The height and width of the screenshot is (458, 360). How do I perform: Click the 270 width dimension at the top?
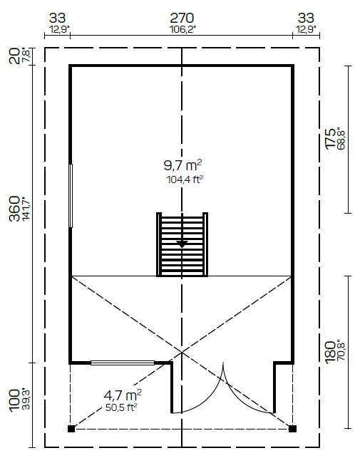coord(182,18)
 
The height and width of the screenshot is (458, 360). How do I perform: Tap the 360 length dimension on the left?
coord(14,209)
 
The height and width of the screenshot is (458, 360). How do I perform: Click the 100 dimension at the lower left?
coord(14,400)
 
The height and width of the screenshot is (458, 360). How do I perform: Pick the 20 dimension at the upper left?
coord(14,56)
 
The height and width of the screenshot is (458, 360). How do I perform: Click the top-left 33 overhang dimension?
coord(57,18)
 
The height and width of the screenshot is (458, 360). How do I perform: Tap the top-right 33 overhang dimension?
coord(306,18)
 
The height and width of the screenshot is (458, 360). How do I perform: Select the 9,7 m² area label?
coord(182,165)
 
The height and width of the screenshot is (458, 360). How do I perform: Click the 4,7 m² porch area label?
coord(123,395)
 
